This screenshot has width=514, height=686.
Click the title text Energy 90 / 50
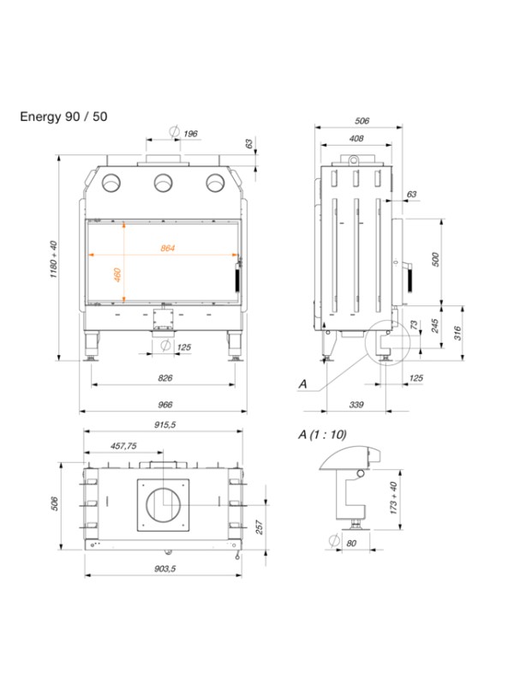64,116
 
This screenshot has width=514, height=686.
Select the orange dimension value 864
167,249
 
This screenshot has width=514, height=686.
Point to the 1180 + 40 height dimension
53,257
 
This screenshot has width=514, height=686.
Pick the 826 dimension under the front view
166,378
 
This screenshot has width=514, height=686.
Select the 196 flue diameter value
190,133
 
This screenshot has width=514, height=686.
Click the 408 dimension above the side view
356,138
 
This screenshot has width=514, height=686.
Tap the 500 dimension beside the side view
434,260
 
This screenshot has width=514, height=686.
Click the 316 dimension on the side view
458,332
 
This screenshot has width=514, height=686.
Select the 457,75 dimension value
124,447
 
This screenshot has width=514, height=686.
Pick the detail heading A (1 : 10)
323,435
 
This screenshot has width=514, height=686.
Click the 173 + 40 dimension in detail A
393,496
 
